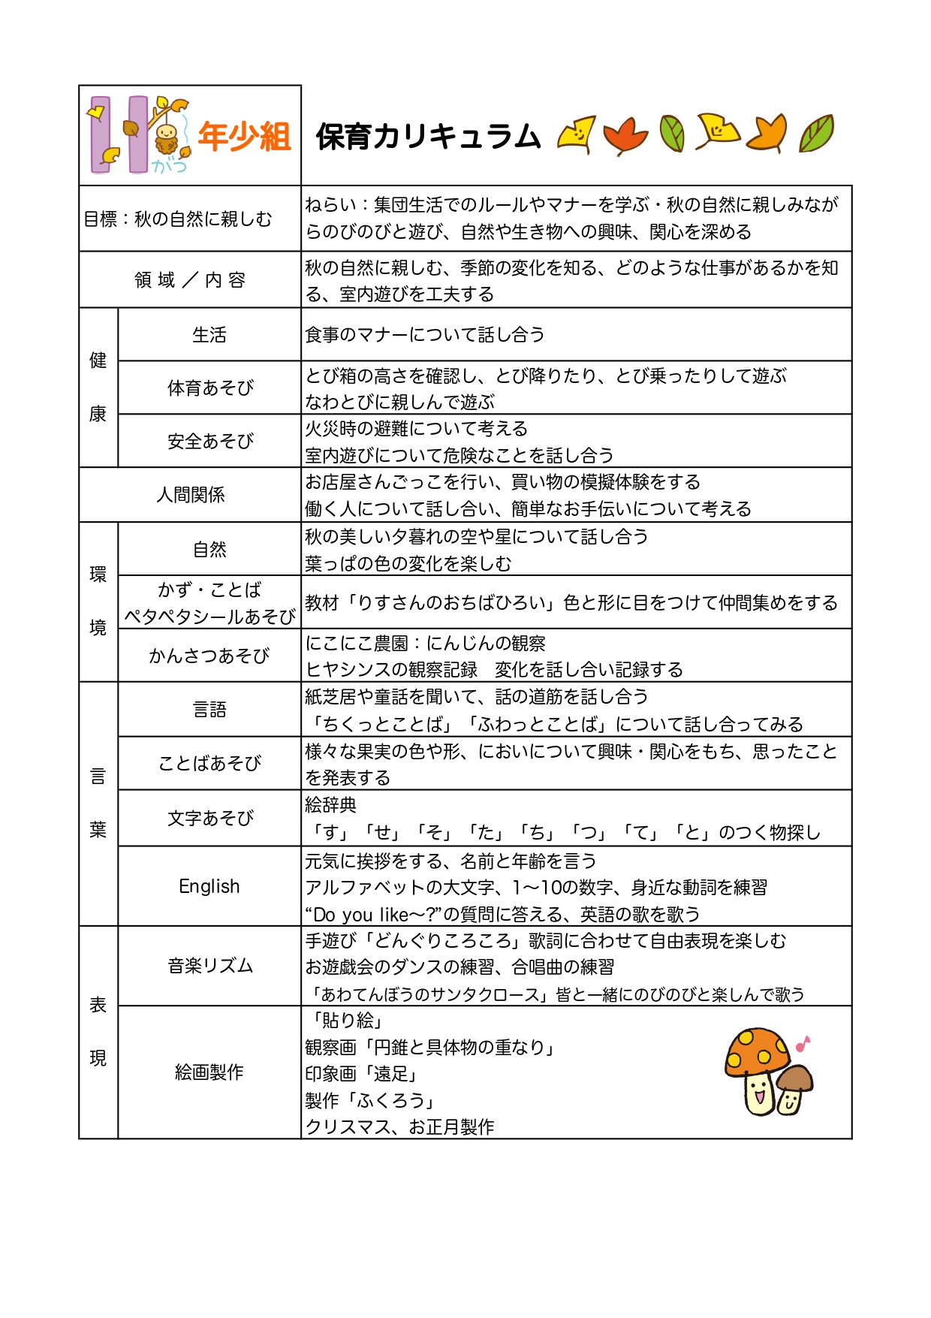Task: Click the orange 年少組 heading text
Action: [244, 137]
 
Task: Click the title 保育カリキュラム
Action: [428, 137]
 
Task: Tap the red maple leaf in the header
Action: [625, 135]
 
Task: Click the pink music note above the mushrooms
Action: [803, 1043]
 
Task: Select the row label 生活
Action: [209, 335]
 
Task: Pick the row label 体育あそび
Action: [209, 388]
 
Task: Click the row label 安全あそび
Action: [209, 442]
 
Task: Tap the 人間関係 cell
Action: [190, 495]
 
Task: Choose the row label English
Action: [209, 886]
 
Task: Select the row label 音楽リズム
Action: [209, 966]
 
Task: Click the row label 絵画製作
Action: [209, 1072]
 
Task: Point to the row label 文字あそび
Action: [209, 818]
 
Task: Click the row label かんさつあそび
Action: [209, 656]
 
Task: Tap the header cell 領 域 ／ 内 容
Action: [190, 280]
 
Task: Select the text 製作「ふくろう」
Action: [370, 1101]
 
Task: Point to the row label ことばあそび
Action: [209, 763]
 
